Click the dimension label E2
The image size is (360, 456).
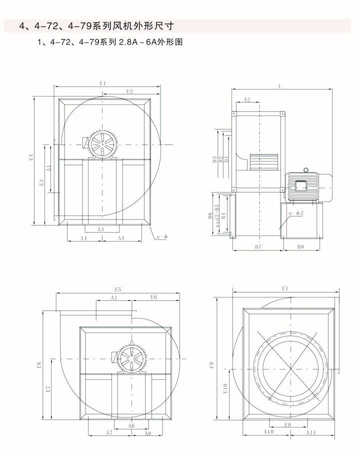tap(129, 91)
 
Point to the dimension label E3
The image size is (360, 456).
tap(42, 183)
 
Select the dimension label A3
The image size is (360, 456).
tap(100, 229)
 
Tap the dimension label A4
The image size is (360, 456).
tap(84, 238)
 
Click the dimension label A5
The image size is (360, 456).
tap(121, 238)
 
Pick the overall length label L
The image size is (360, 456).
tap(280, 86)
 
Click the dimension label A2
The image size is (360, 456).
tap(246, 100)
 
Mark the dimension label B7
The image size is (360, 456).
tap(258, 247)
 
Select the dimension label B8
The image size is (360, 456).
tap(301, 247)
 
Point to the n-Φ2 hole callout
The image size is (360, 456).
tap(296, 213)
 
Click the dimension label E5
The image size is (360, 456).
tap(118, 289)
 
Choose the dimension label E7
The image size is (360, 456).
tap(48, 388)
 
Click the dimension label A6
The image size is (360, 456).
tap(131, 425)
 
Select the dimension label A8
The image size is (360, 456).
tap(148, 433)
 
